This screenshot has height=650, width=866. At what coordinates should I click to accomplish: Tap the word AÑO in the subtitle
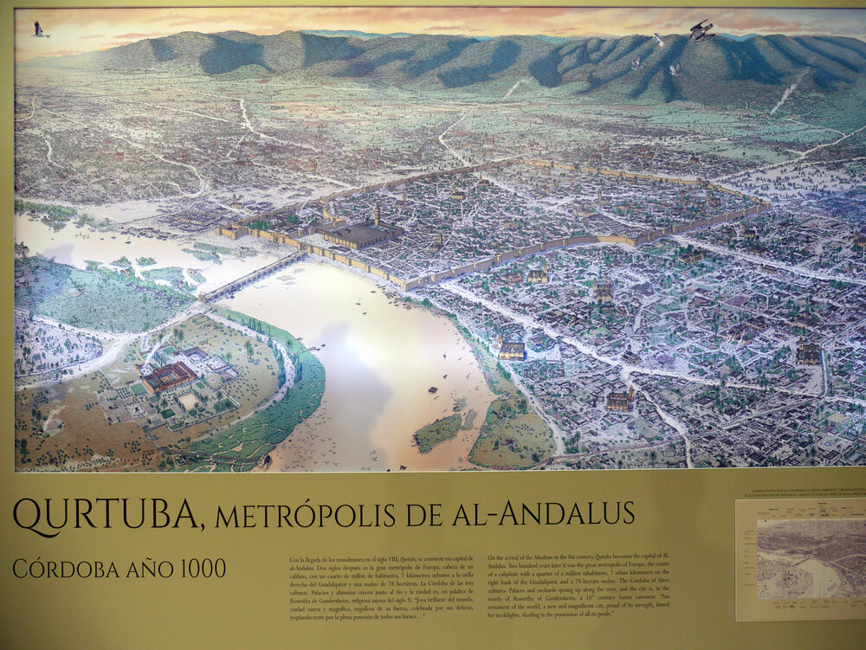(x=139, y=569)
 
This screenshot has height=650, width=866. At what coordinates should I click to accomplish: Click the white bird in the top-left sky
(x=40, y=29)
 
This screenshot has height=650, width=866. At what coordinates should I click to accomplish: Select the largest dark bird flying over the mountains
(x=701, y=31)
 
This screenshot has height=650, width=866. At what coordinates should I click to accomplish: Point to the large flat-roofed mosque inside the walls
(x=359, y=234)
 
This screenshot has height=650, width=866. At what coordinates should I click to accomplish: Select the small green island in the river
(x=438, y=431)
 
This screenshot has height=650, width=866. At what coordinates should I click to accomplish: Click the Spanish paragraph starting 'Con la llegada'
(x=381, y=585)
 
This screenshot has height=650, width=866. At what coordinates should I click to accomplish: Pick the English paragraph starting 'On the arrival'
(x=579, y=585)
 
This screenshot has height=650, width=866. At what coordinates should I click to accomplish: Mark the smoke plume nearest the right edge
(x=785, y=93)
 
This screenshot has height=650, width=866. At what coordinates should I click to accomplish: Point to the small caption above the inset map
(x=801, y=508)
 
